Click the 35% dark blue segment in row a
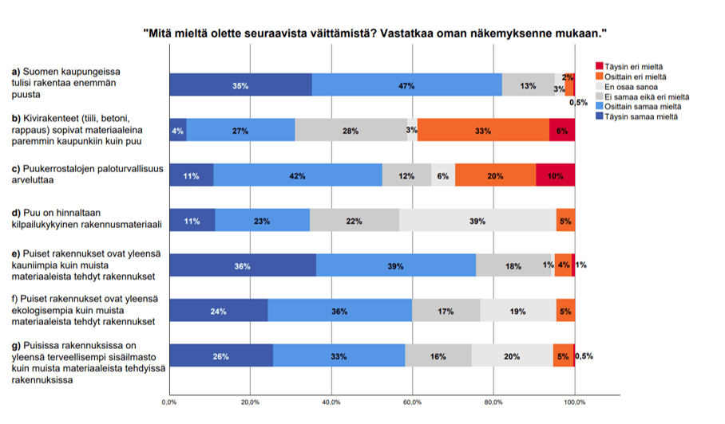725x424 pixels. (240, 85)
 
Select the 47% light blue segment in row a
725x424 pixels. (406, 85)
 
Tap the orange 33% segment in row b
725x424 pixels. (483, 130)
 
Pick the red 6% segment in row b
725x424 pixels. (562, 130)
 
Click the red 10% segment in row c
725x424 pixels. (555, 175)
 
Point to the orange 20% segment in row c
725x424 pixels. (495, 175)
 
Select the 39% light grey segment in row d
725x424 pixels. (477, 221)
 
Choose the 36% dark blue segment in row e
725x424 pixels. (243, 265)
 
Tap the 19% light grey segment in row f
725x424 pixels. (518, 311)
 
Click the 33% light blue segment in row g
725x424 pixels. (339, 356)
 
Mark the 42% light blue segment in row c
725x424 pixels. (298, 175)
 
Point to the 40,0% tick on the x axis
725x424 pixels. (332, 402)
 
